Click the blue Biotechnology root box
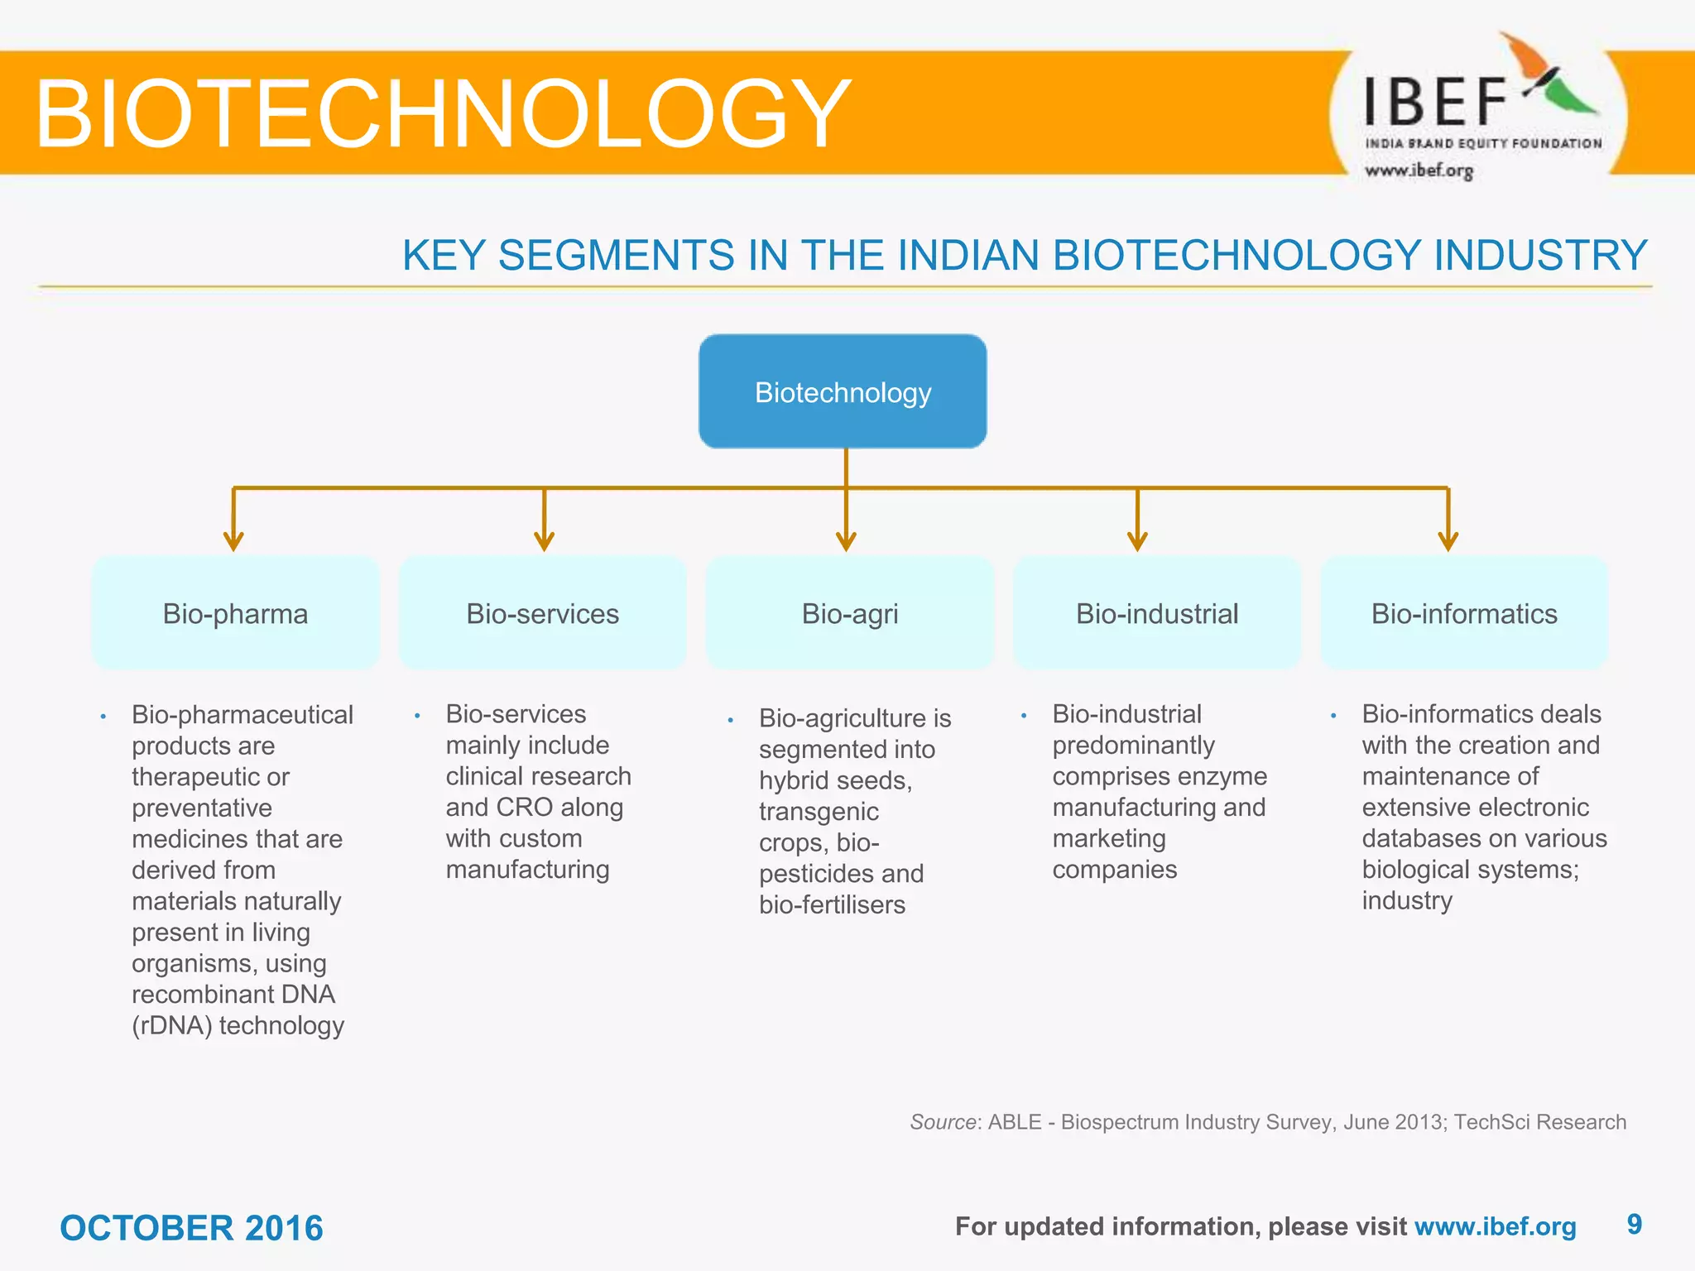[x=843, y=391]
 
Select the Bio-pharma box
[x=235, y=613]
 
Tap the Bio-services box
[x=542, y=613]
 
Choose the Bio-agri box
[x=849, y=613]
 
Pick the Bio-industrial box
[x=1156, y=613]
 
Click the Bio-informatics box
[x=1463, y=613]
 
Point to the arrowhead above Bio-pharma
[x=233, y=542]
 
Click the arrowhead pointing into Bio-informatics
[x=1448, y=542]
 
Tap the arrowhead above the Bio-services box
[x=544, y=542]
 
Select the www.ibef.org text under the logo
[x=1419, y=170]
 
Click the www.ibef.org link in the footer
[x=1495, y=1226]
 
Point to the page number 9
[x=1634, y=1224]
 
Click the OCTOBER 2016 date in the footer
[x=191, y=1228]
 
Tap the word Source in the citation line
[x=943, y=1122]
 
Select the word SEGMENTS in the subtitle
[x=616, y=255]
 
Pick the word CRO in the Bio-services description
[x=524, y=807]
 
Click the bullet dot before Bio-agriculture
[x=730, y=720]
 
